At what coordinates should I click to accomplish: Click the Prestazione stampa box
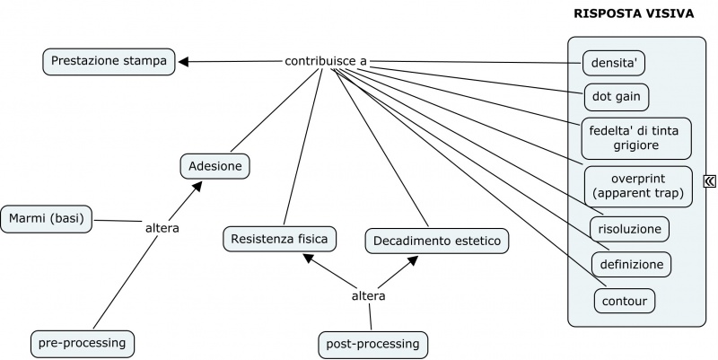(109, 61)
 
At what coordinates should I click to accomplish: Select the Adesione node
(215, 165)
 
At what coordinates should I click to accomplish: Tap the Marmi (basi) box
(47, 218)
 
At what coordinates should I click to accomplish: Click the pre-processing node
(83, 343)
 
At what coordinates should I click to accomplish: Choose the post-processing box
(373, 344)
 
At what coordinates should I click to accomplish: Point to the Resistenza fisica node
(280, 239)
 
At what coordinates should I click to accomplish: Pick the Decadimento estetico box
(437, 241)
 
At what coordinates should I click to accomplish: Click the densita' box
(614, 64)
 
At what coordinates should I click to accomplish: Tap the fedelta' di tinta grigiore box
(636, 136)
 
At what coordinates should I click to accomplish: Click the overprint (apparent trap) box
(638, 185)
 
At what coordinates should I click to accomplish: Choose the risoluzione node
(630, 229)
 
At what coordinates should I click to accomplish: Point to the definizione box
(631, 264)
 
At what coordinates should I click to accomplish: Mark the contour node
(624, 300)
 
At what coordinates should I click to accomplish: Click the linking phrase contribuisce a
(326, 61)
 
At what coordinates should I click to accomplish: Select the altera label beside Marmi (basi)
(162, 228)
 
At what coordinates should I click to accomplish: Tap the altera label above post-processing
(368, 295)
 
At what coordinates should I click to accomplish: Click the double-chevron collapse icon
(710, 182)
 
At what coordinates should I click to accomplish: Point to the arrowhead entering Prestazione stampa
(184, 61)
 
